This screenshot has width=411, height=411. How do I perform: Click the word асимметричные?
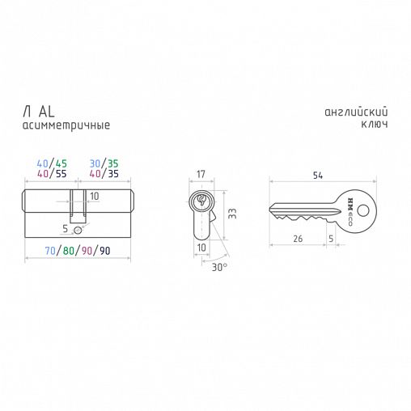point(66,125)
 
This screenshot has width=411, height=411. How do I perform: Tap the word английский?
point(356,112)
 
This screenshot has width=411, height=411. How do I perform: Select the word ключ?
point(375,124)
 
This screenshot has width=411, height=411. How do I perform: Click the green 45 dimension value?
point(61,163)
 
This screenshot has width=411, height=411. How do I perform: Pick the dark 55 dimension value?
point(61,174)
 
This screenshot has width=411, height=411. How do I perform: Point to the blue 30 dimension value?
point(95,163)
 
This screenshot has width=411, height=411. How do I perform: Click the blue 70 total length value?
point(50,251)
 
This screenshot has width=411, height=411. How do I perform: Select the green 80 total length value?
point(69,251)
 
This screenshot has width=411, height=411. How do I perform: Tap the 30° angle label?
point(219,267)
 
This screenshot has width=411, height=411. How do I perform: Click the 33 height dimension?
point(232,214)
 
